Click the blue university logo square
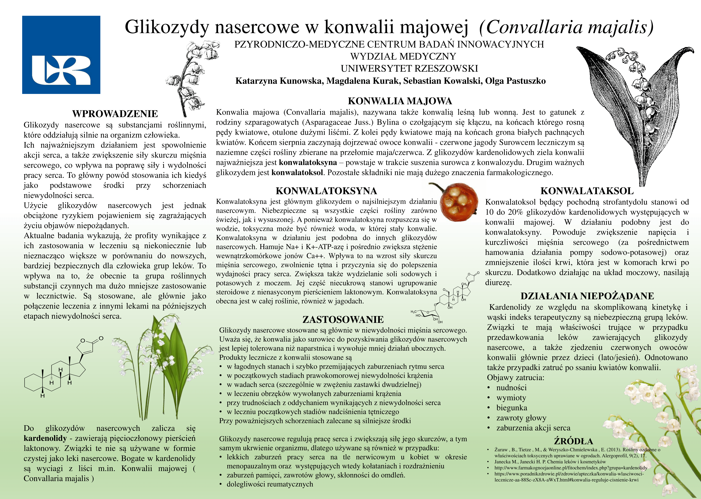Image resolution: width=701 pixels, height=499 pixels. [61, 55]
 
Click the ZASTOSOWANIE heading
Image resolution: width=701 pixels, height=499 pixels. [343, 320]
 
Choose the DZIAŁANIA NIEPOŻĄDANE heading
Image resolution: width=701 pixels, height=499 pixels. [587, 296]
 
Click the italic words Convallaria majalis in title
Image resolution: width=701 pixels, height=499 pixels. [566, 27]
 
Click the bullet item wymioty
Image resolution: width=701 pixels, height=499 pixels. [511, 398]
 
